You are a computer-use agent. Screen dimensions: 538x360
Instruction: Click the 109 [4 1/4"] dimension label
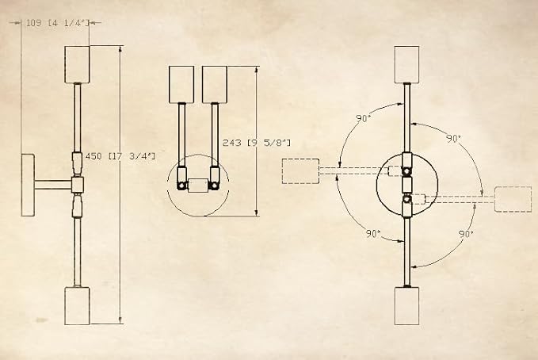click(58, 23)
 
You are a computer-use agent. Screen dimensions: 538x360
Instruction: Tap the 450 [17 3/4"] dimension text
click(120, 156)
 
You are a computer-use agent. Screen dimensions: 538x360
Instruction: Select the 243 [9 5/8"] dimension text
click(256, 143)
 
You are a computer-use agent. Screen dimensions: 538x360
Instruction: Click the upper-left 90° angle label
click(364, 118)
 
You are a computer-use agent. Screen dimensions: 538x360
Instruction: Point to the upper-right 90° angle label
click(453, 139)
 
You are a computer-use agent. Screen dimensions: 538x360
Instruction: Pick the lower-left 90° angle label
click(373, 234)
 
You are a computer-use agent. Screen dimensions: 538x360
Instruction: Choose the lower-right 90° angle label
click(466, 234)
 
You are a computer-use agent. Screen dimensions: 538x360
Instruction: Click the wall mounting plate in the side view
click(29, 185)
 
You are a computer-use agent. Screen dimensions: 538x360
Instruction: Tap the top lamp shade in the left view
click(77, 64)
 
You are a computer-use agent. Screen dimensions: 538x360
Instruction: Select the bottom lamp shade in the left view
click(77, 306)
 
